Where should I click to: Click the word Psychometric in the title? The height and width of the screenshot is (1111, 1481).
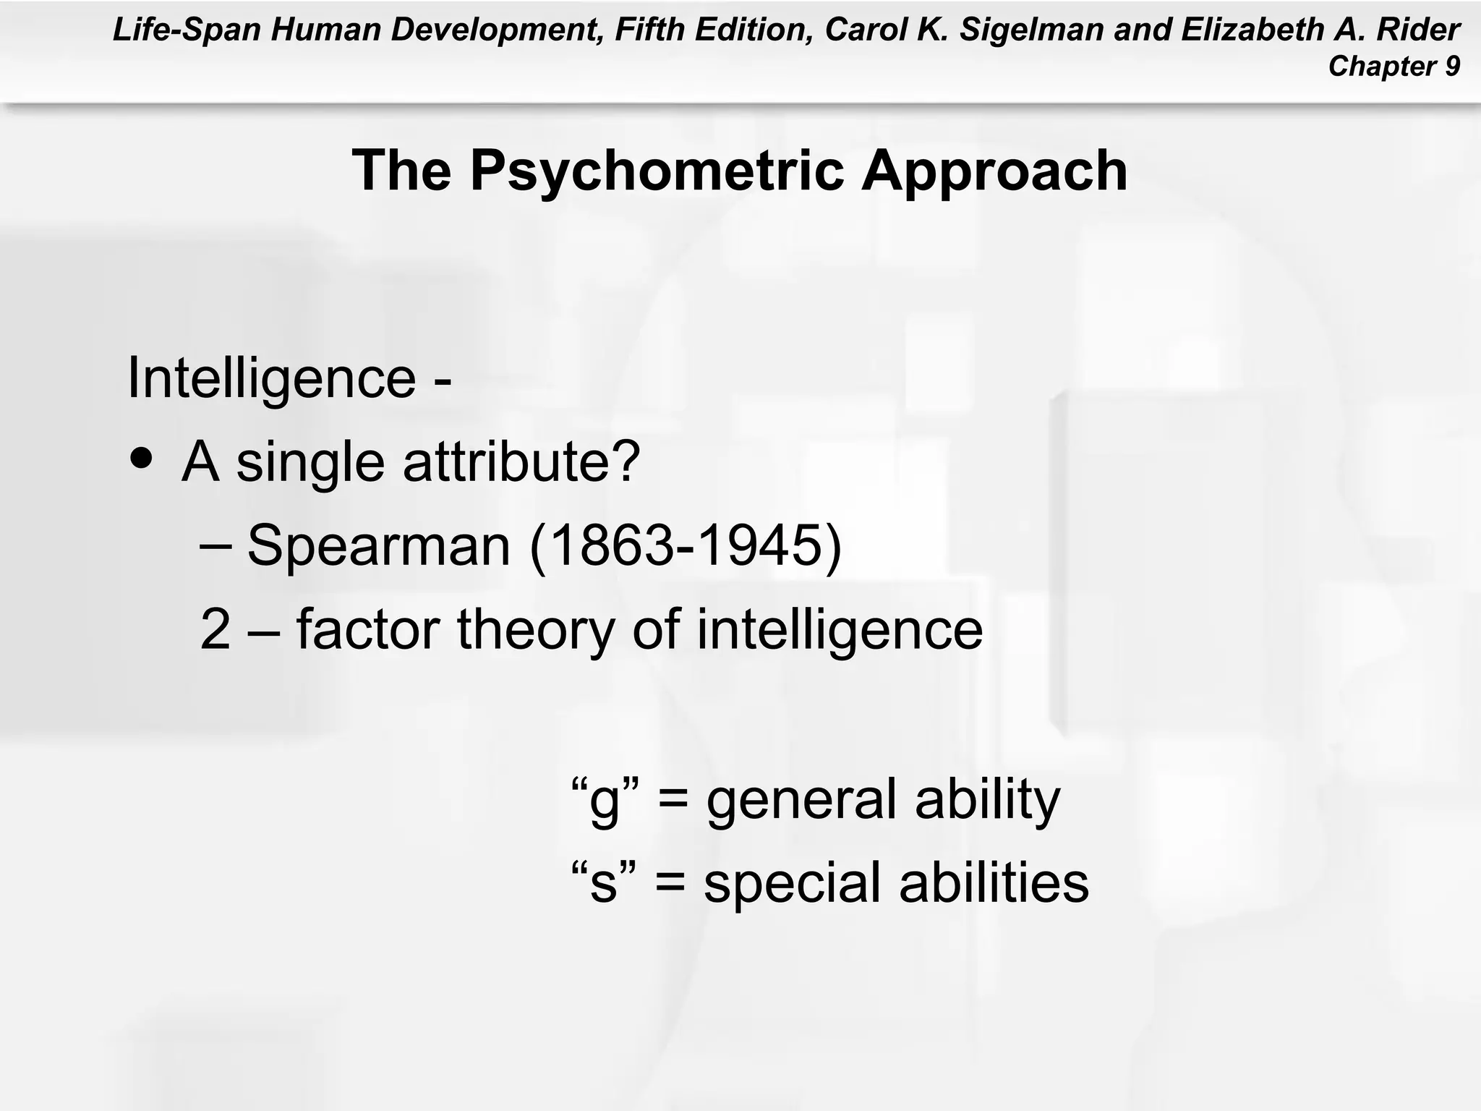(x=657, y=171)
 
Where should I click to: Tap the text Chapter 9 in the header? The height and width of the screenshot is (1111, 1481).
(x=1393, y=67)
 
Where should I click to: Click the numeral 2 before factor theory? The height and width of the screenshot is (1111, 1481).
(x=215, y=629)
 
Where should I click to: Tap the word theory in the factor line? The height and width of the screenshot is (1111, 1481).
(x=536, y=629)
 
